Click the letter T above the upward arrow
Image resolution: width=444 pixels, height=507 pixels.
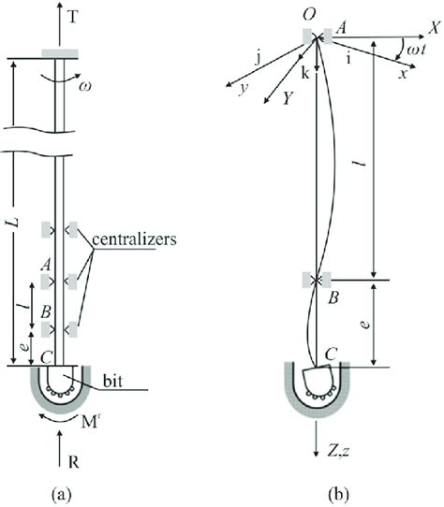pos(73,17)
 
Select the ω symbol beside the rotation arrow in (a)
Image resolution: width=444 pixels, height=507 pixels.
pos(85,86)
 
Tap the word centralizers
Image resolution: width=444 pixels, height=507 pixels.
pos(134,239)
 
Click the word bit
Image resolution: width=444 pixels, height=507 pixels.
pos(112,382)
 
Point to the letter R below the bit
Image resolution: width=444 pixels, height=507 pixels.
pos(73,462)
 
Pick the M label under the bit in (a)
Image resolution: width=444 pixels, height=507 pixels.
pos(89,422)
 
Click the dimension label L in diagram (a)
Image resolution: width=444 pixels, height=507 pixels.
pos(15,223)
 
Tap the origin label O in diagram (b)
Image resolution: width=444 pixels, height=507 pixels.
pos(309,15)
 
